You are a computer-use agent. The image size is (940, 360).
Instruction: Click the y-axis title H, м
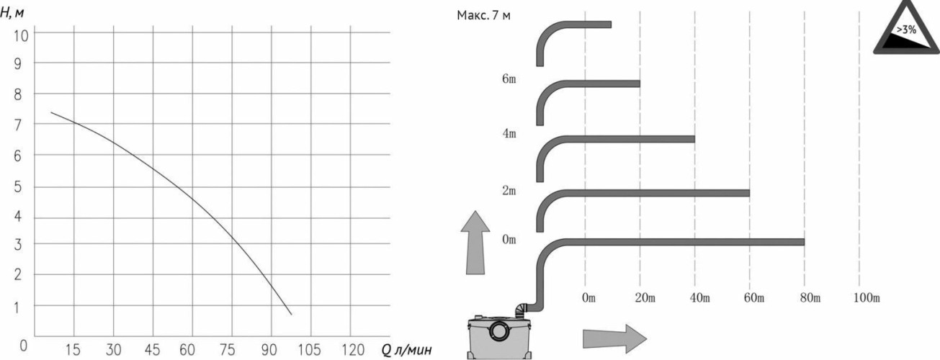tap(12, 12)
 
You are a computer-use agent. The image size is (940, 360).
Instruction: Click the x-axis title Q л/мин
tap(406, 349)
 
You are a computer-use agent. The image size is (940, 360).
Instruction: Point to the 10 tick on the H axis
tap(21, 36)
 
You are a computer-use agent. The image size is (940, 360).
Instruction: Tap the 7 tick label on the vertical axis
tap(17, 125)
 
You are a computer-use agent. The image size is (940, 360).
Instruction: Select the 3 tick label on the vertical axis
tap(17, 244)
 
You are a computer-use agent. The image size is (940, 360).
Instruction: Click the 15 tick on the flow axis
tap(73, 349)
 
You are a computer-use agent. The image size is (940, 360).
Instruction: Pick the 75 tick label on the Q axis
tap(227, 349)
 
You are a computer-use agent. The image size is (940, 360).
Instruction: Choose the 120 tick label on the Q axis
tap(352, 349)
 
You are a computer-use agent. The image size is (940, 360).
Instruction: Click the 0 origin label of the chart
tap(24, 346)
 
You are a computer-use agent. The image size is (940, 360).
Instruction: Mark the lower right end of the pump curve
tap(291, 314)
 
